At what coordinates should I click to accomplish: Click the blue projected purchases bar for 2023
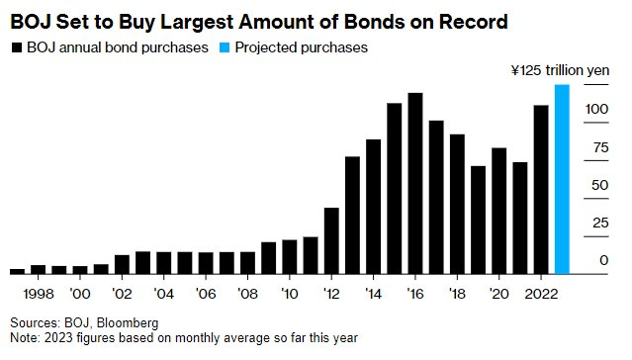[x=562, y=179]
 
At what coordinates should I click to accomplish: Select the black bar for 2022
[x=541, y=189]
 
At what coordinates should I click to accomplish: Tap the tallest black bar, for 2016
[x=415, y=183]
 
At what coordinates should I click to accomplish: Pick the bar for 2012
[x=331, y=240]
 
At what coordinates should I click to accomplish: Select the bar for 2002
[x=122, y=264]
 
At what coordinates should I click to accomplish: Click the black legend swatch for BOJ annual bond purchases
[x=16, y=46]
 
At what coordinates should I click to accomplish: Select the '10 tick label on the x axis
[x=289, y=294]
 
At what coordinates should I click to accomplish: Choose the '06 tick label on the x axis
[x=205, y=294]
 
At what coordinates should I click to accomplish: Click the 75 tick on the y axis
[x=597, y=148]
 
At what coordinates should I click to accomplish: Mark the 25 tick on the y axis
[x=597, y=223]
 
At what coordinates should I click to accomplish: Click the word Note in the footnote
[x=25, y=337]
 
